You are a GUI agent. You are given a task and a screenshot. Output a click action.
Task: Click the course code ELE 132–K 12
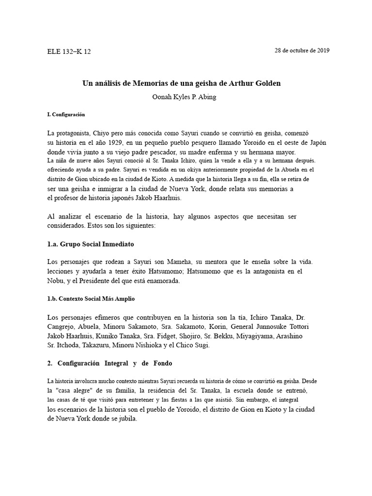click(x=69, y=52)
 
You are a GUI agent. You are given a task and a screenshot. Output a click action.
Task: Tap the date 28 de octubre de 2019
click(x=302, y=51)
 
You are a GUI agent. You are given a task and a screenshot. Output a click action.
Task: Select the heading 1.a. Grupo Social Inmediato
click(x=91, y=244)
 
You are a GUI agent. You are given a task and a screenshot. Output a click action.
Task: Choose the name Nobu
click(x=56, y=280)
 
